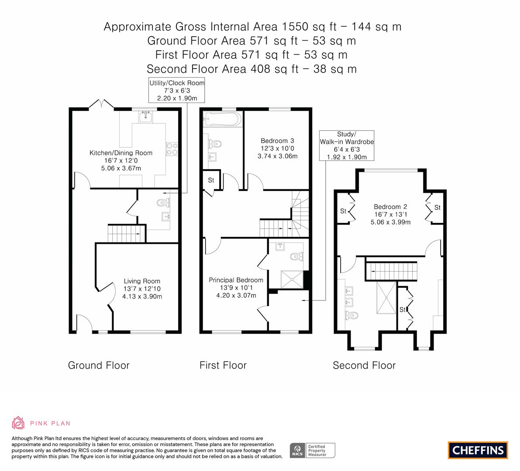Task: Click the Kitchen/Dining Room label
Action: tap(121, 153)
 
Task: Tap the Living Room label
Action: tap(142, 281)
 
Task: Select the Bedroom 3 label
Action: tap(277, 141)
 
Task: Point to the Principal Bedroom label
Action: tap(236, 280)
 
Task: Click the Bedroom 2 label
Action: tap(390, 207)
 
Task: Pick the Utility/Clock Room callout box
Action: tap(177, 90)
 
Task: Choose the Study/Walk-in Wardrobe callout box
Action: tap(347, 145)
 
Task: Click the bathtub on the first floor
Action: tap(221, 119)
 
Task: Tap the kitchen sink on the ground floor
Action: tap(145, 117)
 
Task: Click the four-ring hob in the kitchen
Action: tap(172, 149)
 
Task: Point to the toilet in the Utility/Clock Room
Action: tap(164, 202)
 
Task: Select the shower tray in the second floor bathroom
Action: tap(386, 297)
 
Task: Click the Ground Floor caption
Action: tap(99, 365)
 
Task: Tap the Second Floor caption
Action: tap(364, 365)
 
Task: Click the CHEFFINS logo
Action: tap(478, 450)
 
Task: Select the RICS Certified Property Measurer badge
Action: tap(313, 451)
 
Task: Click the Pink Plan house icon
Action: tap(18, 423)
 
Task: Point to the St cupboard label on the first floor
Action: tap(211, 180)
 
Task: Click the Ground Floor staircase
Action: tap(127, 233)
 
